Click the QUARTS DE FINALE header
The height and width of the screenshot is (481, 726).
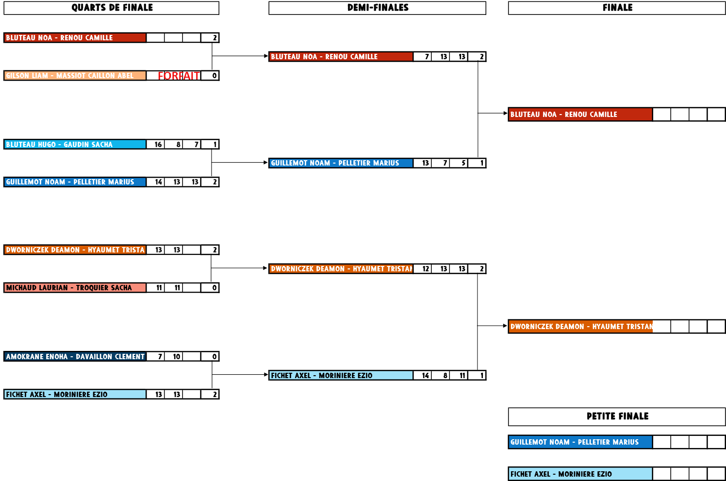112,8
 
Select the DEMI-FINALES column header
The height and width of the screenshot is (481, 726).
377,8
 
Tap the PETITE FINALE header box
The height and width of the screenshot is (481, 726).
617,416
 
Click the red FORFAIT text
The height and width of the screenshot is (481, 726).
179,76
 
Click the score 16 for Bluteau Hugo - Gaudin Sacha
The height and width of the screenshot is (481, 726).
158,144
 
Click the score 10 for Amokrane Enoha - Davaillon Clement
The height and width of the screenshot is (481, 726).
176,357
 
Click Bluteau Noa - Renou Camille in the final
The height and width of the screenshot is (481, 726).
580,115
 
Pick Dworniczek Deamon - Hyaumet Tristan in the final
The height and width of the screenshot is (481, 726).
580,327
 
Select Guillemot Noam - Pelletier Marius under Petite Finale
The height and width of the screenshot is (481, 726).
580,442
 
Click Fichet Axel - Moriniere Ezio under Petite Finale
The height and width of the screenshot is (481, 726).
580,474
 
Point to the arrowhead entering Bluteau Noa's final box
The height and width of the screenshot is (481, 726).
505,114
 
